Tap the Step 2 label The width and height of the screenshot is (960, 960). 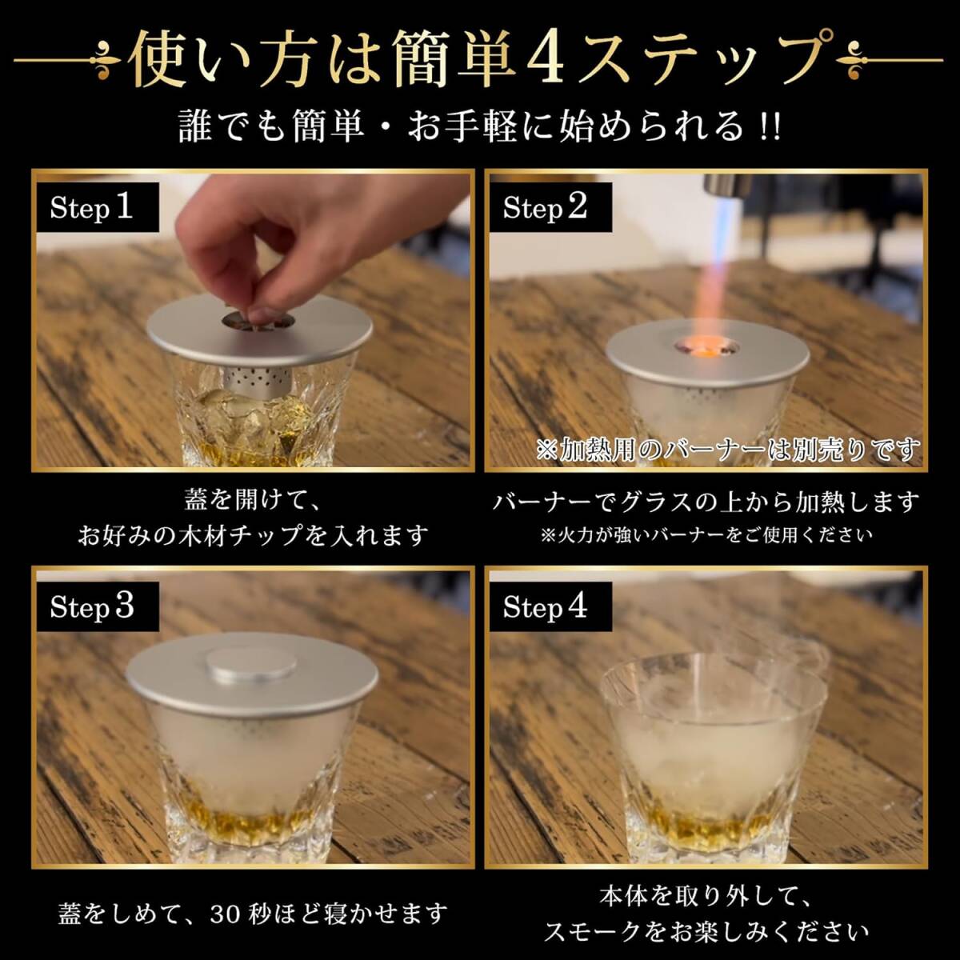(550, 207)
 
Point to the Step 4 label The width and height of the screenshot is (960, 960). (550, 606)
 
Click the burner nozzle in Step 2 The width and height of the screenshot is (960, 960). (727, 184)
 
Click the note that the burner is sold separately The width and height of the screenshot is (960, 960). (727, 450)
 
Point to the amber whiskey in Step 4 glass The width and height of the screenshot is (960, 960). (706, 820)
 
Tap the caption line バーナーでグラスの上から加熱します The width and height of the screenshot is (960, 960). (706, 502)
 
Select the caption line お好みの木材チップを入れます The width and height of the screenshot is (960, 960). (253, 535)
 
